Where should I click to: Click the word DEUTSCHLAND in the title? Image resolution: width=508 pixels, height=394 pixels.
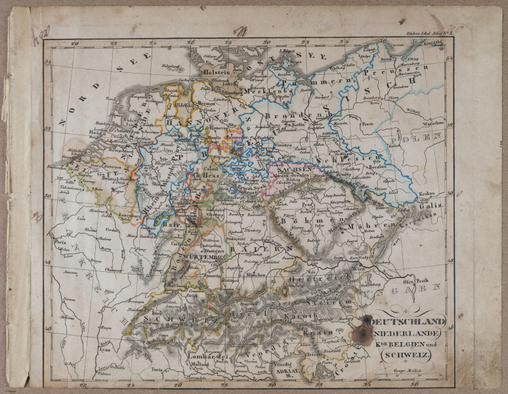pos(408,322)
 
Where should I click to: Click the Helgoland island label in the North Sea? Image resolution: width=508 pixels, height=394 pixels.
pos(171,66)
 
